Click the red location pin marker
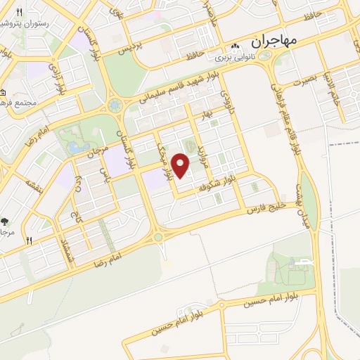[x=181, y=166]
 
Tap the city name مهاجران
[x=274, y=41]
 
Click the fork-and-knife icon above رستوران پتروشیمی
[x=20, y=13]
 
